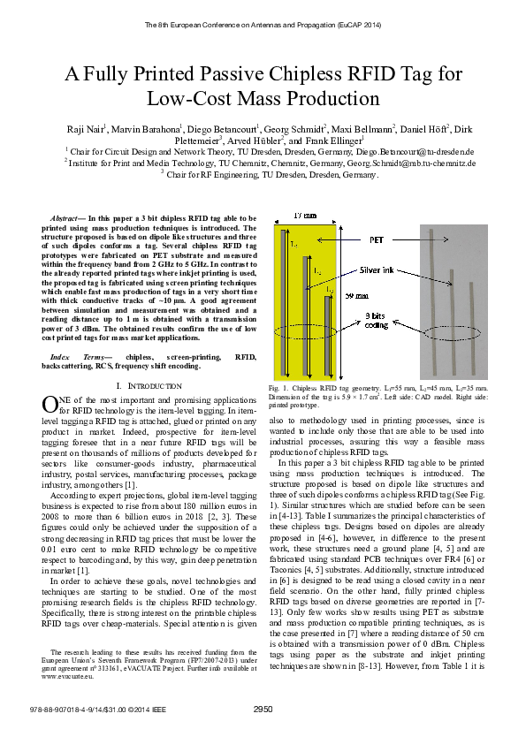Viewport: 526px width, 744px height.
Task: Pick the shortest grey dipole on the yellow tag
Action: coord(329,334)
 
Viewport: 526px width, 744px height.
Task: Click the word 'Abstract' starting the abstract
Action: coord(65,217)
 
